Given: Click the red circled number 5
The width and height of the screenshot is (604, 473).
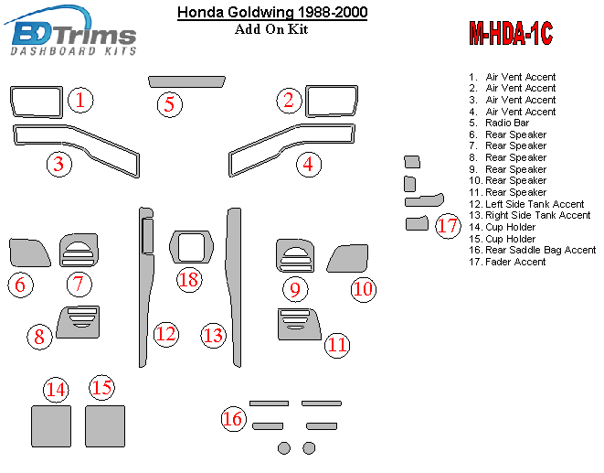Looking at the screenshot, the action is click(x=169, y=104).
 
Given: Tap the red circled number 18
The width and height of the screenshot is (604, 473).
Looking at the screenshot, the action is click(x=189, y=279).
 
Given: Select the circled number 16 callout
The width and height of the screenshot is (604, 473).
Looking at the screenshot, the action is click(x=233, y=419).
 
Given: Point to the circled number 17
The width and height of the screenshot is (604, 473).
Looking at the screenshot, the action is click(x=448, y=226).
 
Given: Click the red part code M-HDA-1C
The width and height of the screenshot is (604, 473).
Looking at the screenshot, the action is click(x=511, y=33).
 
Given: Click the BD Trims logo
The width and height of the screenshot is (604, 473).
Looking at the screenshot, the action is click(x=71, y=31).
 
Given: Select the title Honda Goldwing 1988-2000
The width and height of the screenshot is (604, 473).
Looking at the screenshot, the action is click(x=272, y=12).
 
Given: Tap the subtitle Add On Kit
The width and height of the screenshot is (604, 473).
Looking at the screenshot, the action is click(x=271, y=29).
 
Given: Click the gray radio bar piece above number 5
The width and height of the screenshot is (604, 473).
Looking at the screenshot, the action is click(x=186, y=81).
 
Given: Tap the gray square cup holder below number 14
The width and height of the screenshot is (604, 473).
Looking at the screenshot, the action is click(x=51, y=426).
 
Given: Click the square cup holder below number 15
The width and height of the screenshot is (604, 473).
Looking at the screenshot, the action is click(x=105, y=426).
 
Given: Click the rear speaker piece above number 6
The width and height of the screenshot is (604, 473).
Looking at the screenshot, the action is click(x=28, y=253).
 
